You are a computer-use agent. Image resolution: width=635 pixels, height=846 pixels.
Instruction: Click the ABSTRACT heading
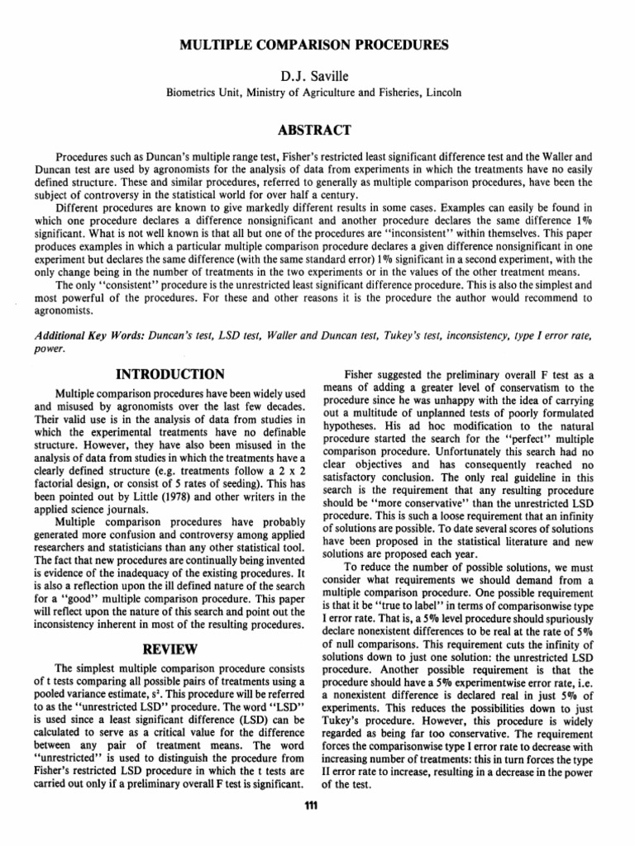(x=317, y=129)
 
